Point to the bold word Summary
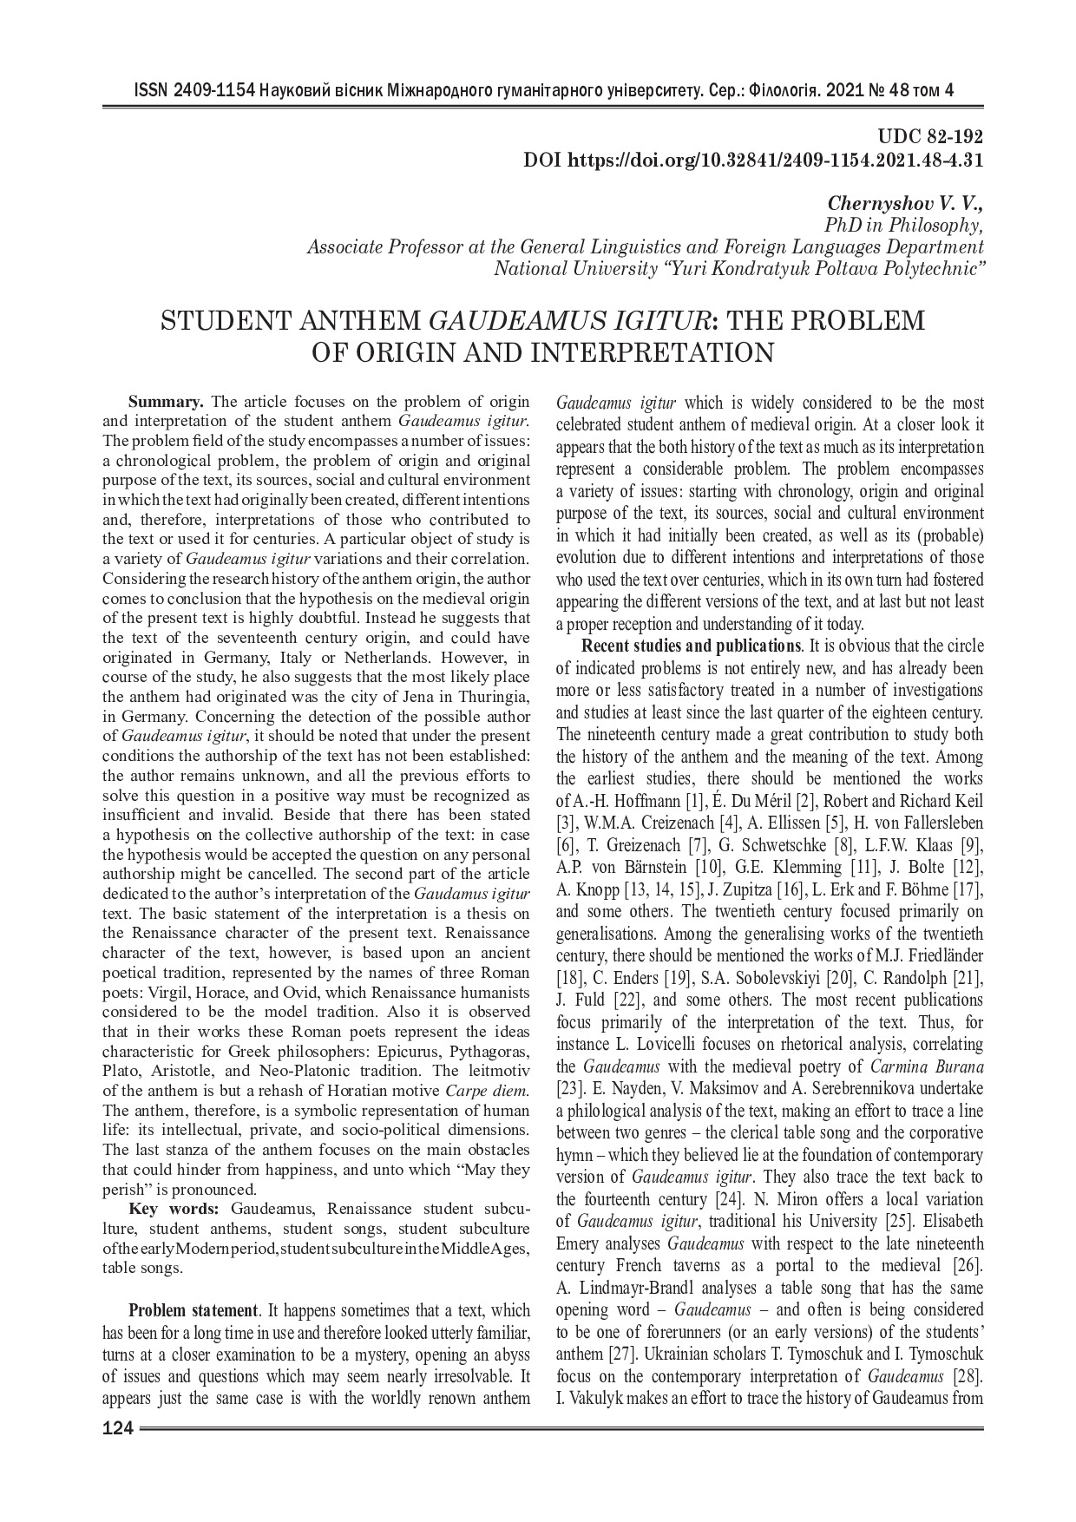pyautogui.click(x=166, y=402)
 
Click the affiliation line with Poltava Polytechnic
pyautogui.click(x=738, y=269)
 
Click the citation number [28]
pyautogui.click(x=968, y=1375)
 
